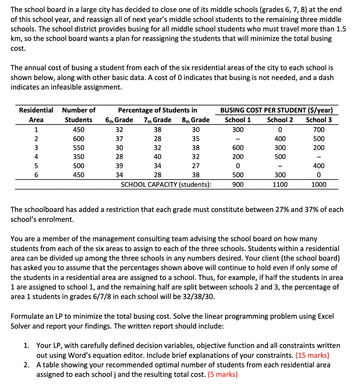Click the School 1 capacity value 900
point(238,185)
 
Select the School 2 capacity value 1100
point(280,185)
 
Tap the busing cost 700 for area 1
point(318,130)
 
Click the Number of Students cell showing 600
point(78,139)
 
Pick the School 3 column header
point(318,120)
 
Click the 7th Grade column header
point(157,120)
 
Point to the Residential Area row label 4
point(36,157)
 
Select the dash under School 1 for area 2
point(238,139)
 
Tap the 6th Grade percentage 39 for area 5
point(119,166)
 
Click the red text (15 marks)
point(312,355)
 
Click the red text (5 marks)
point(222,374)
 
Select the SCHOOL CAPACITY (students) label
point(166,185)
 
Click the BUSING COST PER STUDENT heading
point(276,110)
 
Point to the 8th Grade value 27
point(195,166)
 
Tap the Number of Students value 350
point(78,157)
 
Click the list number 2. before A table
point(26,365)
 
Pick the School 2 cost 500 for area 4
point(280,157)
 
